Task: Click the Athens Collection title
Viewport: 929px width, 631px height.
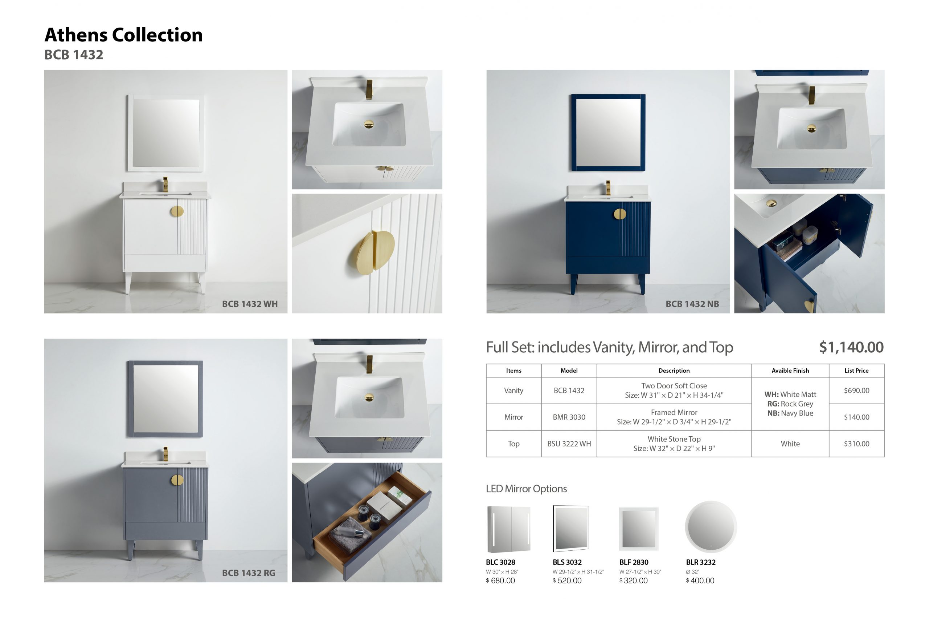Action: coord(123,35)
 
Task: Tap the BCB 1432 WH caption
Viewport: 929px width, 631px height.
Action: coord(249,304)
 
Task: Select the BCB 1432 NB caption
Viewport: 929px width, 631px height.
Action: coord(692,304)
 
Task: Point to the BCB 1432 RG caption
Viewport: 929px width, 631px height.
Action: coord(248,573)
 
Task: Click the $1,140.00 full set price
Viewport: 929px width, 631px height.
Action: coord(851,347)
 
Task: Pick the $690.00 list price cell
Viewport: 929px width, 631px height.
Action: coord(856,391)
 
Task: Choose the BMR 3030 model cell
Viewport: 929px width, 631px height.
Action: coord(569,417)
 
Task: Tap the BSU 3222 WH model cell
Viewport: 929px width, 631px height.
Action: coord(569,444)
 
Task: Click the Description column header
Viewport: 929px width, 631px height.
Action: coord(674,371)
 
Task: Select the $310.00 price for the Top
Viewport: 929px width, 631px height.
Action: coord(856,444)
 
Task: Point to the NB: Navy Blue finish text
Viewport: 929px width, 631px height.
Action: coord(790,413)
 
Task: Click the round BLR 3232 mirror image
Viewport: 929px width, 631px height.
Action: coord(711,527)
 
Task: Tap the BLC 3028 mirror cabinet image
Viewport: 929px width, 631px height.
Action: coord(509,529)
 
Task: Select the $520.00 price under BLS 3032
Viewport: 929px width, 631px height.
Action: coord(567,581)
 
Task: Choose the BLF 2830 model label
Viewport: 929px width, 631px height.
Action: coord(634,562)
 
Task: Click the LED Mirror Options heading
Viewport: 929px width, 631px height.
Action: coord(526,489)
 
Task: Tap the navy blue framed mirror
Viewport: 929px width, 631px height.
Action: coord(608,133)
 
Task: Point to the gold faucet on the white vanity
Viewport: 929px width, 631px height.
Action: coord(165,184)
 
